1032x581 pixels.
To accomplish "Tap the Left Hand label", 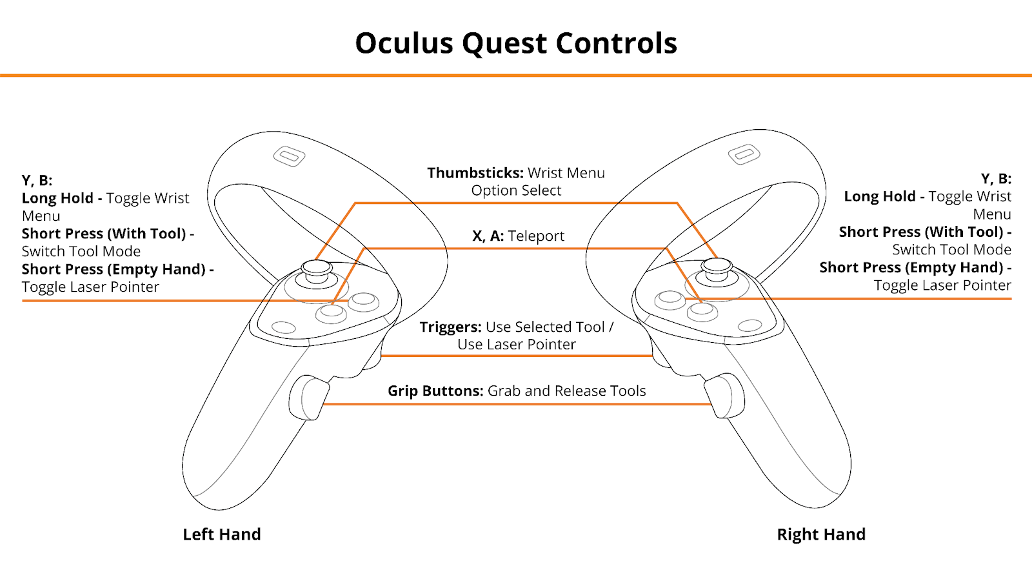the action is [x=222, y=534].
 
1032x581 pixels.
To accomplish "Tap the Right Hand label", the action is [x=821, y=534].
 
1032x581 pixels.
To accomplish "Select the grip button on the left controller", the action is [x=308, y=398].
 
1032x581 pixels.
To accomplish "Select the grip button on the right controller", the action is [x=725, y=396].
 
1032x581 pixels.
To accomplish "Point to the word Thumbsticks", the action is [x=475, y=173].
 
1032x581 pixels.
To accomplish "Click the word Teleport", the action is [x=536, y=236].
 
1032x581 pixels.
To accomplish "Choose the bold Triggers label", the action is [x=450, y=327].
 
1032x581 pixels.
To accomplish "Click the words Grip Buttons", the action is [x=435, y=391].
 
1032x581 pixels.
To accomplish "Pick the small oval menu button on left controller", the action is [x=284, y=327].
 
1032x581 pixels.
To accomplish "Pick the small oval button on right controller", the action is [x=749, y=325].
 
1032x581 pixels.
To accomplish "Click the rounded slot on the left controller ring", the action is [x=289, y=156].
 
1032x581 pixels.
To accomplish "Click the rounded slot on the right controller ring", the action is [x=744, y=154].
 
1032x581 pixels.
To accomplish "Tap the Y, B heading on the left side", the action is [x=37, y=180].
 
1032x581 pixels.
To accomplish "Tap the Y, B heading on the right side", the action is [x=996, y=179].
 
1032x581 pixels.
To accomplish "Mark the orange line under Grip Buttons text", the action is [x=517, y=404].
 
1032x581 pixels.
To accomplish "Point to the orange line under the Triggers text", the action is [x=517, y=356].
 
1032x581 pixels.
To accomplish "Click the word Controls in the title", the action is [x=617, y=43].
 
